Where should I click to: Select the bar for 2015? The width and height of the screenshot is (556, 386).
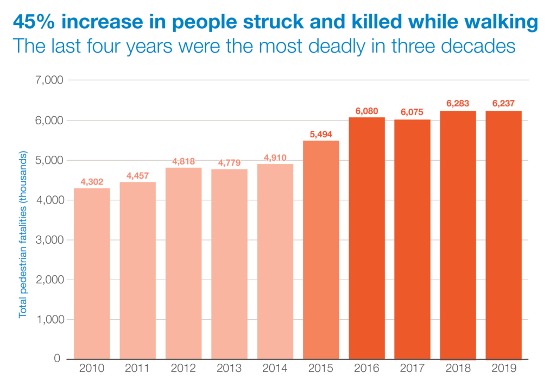click(x=321, y=250)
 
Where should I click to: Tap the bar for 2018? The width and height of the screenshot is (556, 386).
click(x=458, y=235)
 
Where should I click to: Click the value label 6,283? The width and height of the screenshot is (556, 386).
click(x=458, y=103)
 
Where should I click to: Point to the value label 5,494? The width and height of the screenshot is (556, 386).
click(x=321, y=133)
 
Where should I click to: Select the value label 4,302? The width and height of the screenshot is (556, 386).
click(x=92, y=181)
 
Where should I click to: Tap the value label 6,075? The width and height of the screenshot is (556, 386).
click(x=412, y=112)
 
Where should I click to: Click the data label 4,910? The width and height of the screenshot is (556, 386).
click(x=275, y=157)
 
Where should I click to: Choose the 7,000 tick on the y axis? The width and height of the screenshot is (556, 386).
click(x=49, y=80)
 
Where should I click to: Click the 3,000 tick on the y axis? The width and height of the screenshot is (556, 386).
click(x=49, y=240)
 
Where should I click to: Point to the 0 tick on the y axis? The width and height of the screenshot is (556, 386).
click(x=57, y=359)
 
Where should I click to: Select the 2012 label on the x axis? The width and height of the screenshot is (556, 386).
click(x=184, y=369)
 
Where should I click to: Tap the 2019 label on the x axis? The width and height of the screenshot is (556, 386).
click(x=504, y=369)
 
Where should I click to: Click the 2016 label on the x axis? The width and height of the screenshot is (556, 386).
click(x=367, y=369)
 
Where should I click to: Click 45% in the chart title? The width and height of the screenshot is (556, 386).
click(x=35, y=23)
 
